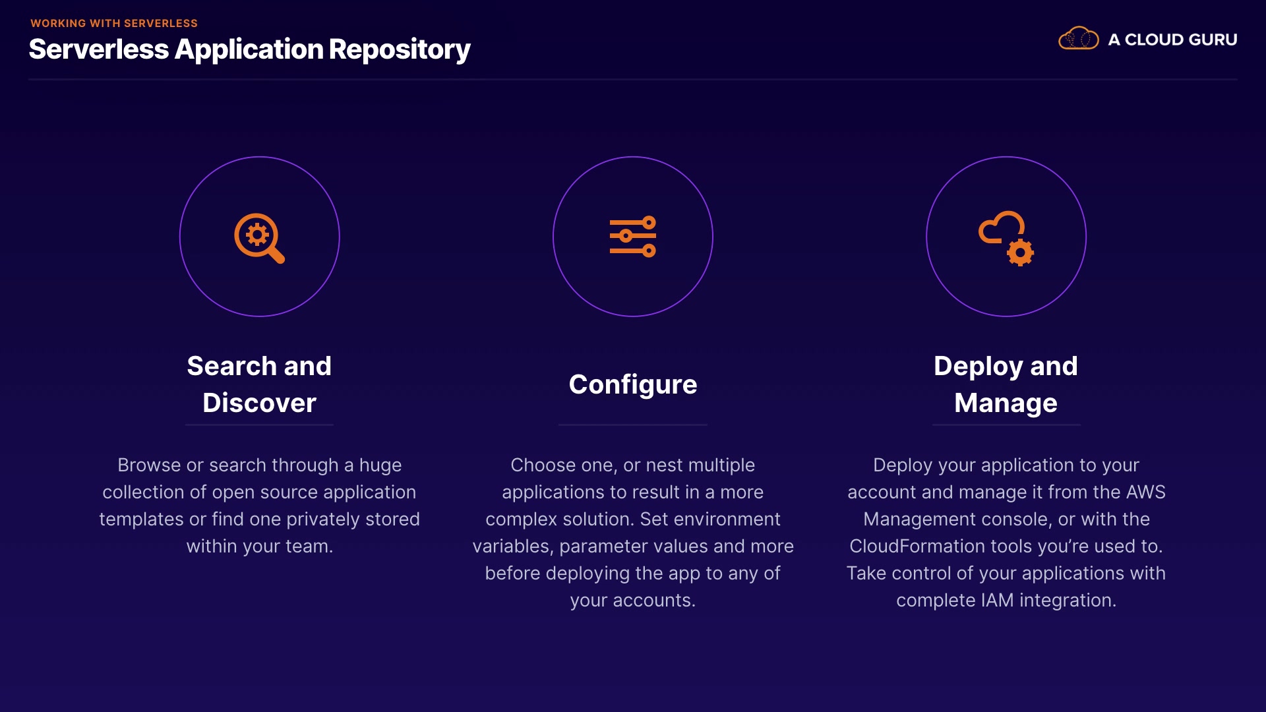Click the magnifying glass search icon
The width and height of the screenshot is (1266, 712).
click(x=258, y=237)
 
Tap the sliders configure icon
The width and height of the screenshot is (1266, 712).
click(x=632, y=237)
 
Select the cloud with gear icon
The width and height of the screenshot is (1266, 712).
click(x=1006, y=238)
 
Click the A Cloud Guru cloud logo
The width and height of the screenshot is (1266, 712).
click(x=1078, y=39)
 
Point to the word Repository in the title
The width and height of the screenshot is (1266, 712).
click(x=399, y=50)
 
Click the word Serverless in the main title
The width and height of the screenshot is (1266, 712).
click(x=99, y=50)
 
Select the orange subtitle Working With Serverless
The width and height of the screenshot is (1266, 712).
click(x=114, y=23)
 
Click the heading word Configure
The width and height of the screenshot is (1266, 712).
click(x=632, y=384)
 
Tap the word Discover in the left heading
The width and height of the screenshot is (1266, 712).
click(x=259, y=403)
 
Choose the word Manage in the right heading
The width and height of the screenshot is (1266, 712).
click(x=1006, y=403)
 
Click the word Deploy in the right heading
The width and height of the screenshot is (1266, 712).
click(x=979, y=367)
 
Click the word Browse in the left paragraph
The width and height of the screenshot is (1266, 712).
click(x=149, y=465)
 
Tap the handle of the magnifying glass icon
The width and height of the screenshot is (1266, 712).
click(x=276, y=255)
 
